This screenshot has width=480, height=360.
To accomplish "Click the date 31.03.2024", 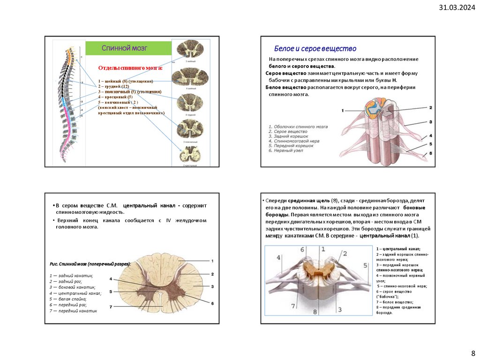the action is pos(457,7).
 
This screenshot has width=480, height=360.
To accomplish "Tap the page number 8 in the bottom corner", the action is pos(472,353).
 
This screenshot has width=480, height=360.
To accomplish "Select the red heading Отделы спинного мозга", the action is pos(130,68).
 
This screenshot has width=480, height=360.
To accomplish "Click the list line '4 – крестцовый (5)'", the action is pos(115,97).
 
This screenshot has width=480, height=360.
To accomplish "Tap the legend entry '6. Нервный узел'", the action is pos(285,150).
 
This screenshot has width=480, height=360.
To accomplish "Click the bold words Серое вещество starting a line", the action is pos(286,74).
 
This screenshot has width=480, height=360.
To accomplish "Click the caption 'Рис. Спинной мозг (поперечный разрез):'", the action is pos(90,264).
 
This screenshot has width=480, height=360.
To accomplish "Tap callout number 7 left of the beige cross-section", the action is pos(111,307).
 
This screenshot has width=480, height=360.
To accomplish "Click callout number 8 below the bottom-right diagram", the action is pos(315,312).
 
